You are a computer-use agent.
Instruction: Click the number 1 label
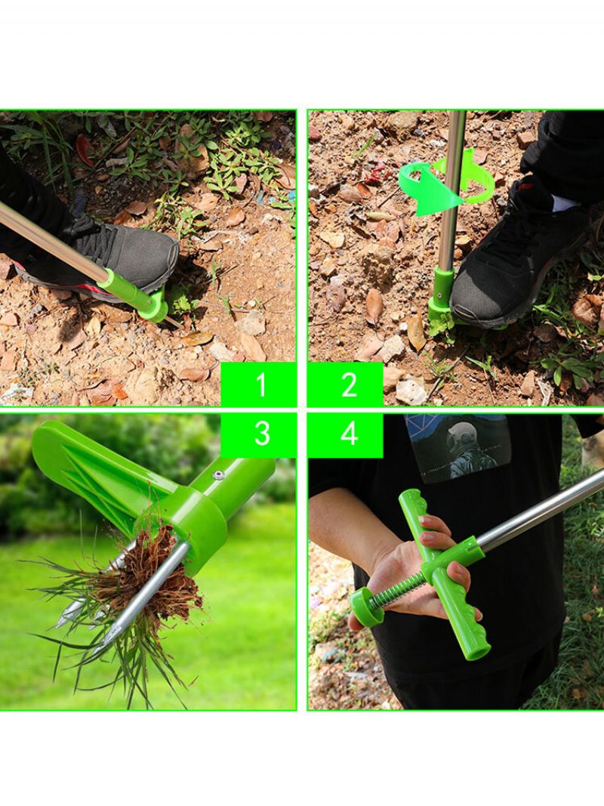(x=261, y=384)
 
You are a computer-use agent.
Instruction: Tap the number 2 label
(x=350, y=384)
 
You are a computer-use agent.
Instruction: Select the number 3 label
(x=261, y=433)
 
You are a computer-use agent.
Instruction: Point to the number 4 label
(x=350, y=433)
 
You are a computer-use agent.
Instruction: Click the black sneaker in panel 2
(x=519, y=257)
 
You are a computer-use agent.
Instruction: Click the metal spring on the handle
(x=396, y=586)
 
